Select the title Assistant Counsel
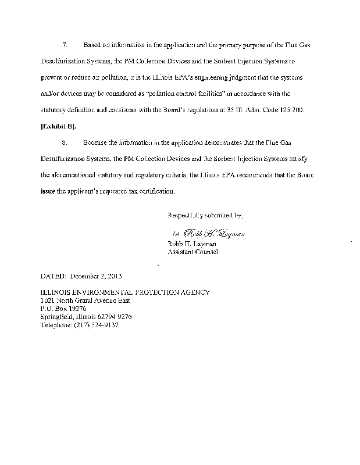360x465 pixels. click(x=193, y=252)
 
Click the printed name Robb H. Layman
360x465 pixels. click(x=189, y=244)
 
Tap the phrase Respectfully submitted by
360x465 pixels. click(x=205, y=216)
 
